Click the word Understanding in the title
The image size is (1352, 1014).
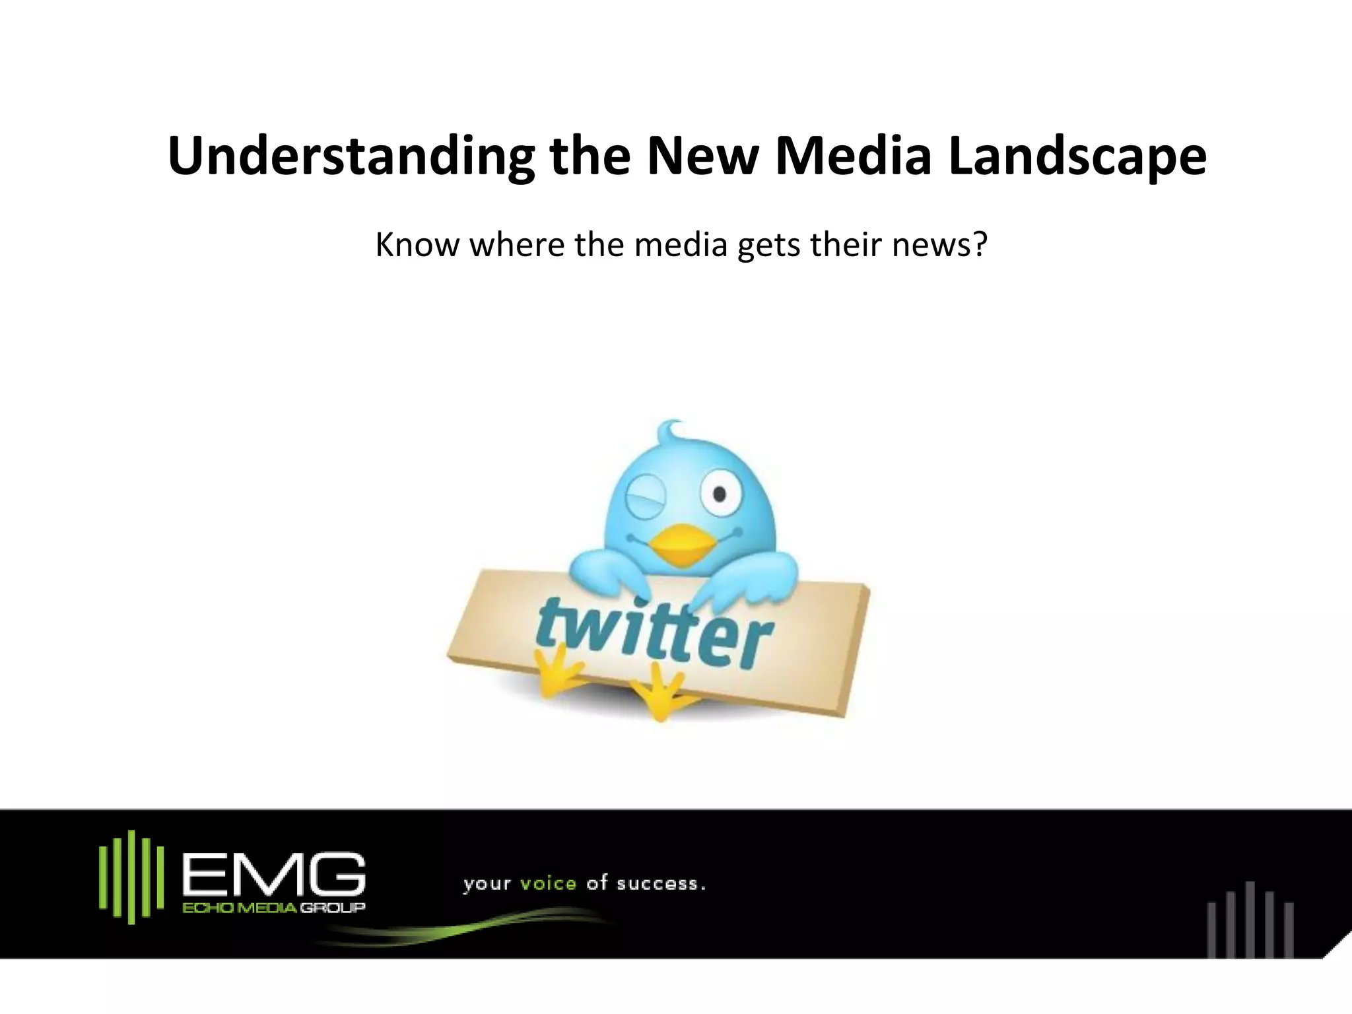[x=351, y=156]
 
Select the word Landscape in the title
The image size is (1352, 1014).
[x=1078, y=156]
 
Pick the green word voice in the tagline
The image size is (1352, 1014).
[x=549, y=883]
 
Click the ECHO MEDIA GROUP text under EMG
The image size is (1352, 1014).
[x=273, y=908]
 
